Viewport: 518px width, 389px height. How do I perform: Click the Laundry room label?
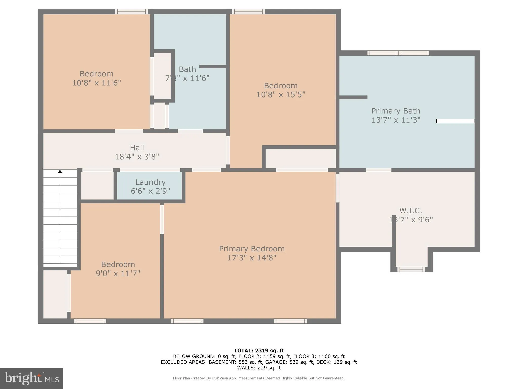tap(150, 182)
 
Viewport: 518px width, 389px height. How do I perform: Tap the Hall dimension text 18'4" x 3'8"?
tap(137, 157)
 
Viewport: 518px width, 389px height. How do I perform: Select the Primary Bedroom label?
tap(252, 249)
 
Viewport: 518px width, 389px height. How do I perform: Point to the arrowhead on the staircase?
tap(60, 172)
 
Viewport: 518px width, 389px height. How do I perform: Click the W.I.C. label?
tap(411, 210)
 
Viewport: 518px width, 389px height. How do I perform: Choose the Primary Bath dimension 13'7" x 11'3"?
tap(396, 120)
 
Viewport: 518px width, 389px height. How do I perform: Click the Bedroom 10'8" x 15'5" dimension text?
tap(281, 94)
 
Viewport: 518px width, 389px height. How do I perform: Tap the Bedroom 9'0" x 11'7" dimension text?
tap(118, 273)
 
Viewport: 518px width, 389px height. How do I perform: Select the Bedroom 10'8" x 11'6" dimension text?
tap(96, 83)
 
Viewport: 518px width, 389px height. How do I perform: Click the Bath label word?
tap(187, 69)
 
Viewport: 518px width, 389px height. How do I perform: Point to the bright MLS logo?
tap(32, 378)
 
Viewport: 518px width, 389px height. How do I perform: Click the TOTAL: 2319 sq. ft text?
tap(259, 351)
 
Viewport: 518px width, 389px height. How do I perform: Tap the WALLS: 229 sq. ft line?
tap(259, 368)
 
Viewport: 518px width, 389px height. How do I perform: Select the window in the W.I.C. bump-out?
tap(411, 269)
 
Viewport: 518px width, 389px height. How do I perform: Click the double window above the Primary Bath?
tap(398, 53)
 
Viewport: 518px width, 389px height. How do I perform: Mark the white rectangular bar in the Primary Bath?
tap(455, 121)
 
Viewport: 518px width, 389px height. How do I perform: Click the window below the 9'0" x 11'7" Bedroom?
tap(90, 321)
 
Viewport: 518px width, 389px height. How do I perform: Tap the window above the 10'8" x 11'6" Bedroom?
tap(132, 12)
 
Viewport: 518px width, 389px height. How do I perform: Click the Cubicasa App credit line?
tap(258, 378)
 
